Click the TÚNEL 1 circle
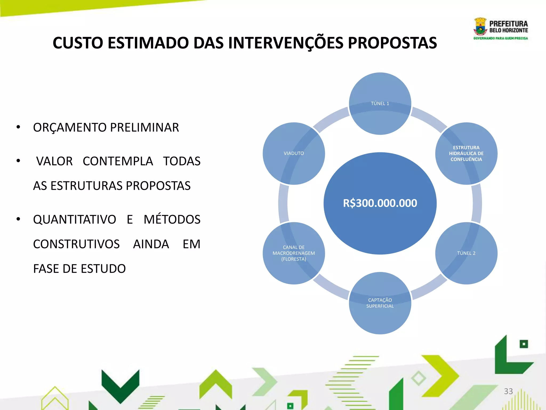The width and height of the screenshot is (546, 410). point(380,104)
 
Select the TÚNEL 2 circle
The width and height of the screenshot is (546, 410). point(466,253)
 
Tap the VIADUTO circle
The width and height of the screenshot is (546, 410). point(294,153)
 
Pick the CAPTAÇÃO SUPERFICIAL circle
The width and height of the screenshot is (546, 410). point(380,303)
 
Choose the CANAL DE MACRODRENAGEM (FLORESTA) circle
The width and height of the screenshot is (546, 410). point(294,253)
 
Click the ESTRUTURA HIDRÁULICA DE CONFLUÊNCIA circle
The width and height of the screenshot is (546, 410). point(466,153)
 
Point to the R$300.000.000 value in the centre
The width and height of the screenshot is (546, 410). point(380,203)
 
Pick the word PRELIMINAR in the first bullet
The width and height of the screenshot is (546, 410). point(144,127)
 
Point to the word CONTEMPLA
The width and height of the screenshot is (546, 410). point(118,161)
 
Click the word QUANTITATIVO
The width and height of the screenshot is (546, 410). point(75,219)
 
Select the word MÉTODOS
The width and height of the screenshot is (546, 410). point(172,219)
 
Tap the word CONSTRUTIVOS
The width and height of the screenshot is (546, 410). point(76,244)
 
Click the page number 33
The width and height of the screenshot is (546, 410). point(508,391)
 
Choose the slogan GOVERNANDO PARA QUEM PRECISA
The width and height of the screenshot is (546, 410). point(501,38)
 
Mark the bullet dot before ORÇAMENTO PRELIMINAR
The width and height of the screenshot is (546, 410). point(18,127)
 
